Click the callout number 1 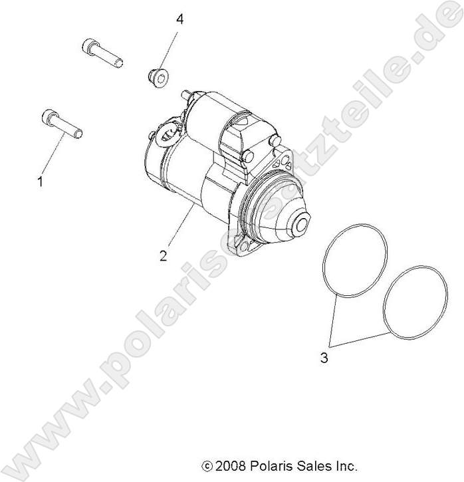[40, 181]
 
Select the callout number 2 [163, 255]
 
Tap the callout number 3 [324, 358]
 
